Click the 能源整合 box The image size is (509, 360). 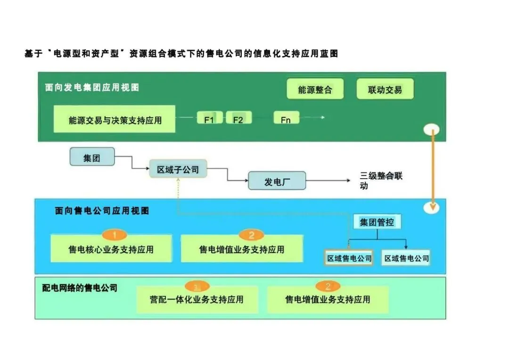tap(315, 90)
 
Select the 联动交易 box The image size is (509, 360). tap(385, 90)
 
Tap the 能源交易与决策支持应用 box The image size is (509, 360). tap(115, 120)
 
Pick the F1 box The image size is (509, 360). tap(209, 119)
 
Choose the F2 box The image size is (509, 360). tap(238, 119)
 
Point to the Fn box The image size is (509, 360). tap(286, 119)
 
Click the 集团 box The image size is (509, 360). tap(92, 157)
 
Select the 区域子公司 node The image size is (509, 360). tap(178, 169)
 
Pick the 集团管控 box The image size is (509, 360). tap(377, 222)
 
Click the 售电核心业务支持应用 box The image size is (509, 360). tap(111, 249)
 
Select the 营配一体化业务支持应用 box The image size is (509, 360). tap(197, 299)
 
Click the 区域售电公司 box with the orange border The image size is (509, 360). tap(349, 258)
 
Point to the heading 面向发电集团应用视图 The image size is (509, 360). tap(92, 87)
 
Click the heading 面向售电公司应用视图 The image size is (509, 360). tap(102, 211)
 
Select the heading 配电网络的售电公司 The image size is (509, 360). tap(80, 287)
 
